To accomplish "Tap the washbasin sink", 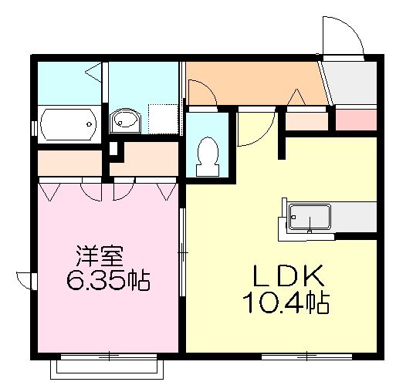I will (x=124, y=120).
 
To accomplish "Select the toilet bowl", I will (x=208, y=152).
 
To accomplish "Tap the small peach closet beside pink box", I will (x=308, y=120).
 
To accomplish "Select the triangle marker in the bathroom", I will (x=92, y=75).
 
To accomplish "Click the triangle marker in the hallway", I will (x=296, y=97).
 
